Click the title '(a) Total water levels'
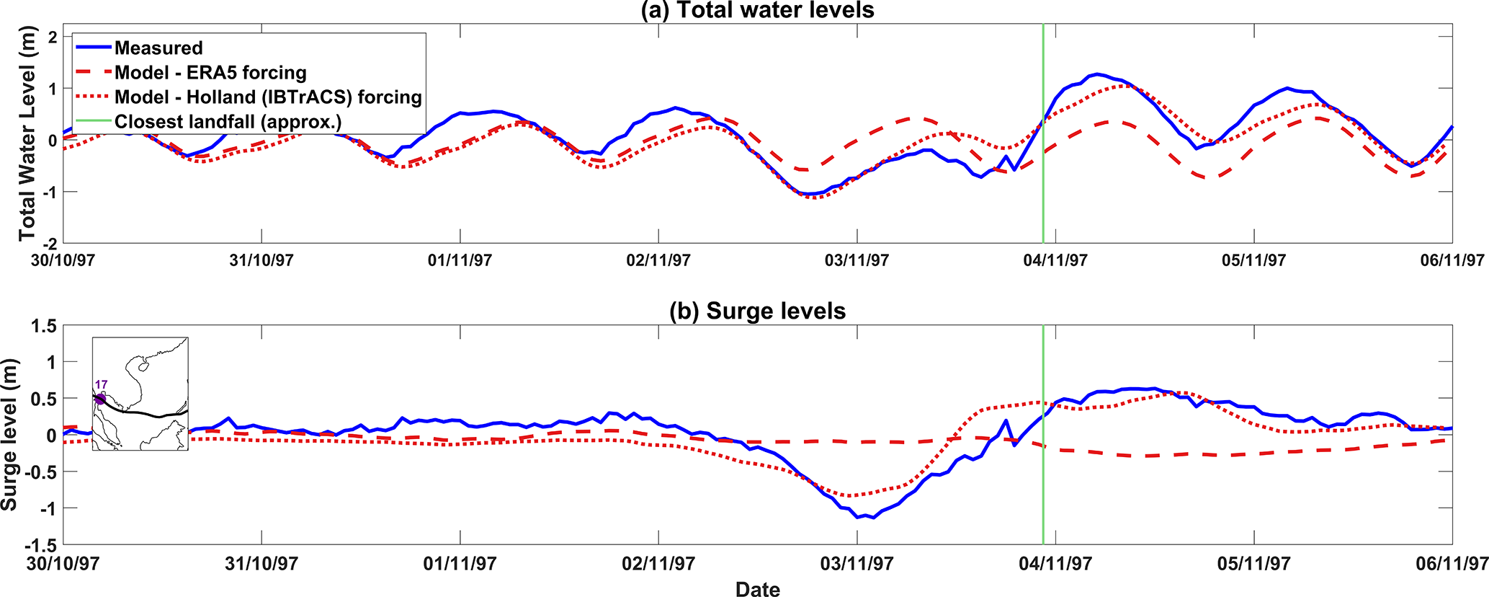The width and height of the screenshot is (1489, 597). coord(757,10)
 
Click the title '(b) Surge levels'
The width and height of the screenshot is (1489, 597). coord(757,311)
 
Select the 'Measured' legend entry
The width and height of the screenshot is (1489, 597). coord(158,48)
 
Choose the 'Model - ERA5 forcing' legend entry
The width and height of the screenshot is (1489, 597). coord(210,73)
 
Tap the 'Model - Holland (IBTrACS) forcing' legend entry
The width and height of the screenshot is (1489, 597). coord(268,97)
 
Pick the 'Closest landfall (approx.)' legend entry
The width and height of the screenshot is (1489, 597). coord(228,122)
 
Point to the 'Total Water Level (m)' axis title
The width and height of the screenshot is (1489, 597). coord(27,140)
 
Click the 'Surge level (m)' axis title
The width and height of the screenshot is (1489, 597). coord(9,435)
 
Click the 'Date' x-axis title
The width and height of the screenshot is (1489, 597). coord(757,589)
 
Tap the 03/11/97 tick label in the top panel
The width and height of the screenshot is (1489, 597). coord(857,260)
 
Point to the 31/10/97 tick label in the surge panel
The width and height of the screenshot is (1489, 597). coord(261,564)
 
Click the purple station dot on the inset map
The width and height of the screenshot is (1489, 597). coord(100,399)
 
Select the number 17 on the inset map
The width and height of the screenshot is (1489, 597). coord(101,385)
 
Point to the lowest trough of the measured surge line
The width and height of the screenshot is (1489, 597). coord(859,517)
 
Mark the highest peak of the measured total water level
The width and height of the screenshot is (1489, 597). coord(1096,74)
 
